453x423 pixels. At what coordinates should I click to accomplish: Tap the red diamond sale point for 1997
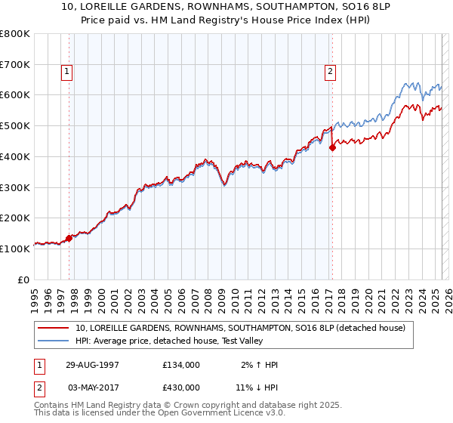[x=69, y=238]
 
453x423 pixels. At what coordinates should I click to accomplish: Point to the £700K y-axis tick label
[x=15, y=64]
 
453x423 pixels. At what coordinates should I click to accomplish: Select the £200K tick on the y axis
[x=15, y=218]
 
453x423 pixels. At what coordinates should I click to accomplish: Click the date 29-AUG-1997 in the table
[x=91, y=365]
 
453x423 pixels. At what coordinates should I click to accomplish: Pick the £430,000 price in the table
[x=181, y=387]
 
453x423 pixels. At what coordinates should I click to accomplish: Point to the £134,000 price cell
[x=181, y=365]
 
